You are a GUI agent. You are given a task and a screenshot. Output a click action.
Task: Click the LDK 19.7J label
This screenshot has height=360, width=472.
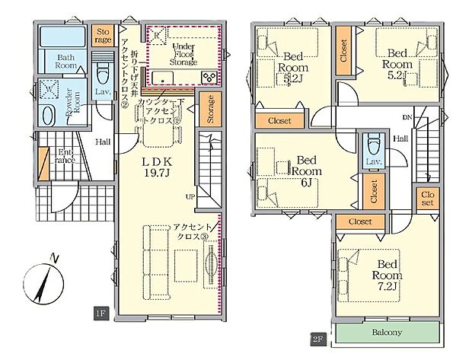157,167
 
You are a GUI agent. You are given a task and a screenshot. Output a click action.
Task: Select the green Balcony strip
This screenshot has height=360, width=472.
387,333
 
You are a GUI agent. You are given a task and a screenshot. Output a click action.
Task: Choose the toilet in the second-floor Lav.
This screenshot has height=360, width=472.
372,144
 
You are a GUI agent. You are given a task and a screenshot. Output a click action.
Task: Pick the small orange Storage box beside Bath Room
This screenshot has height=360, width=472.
104,36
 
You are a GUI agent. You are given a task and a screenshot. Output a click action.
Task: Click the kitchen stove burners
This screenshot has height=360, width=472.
208,78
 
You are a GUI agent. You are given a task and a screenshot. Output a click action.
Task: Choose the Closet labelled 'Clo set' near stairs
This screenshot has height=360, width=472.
426,198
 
